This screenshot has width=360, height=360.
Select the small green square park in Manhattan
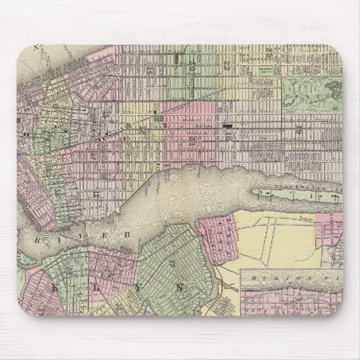(159, 118)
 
